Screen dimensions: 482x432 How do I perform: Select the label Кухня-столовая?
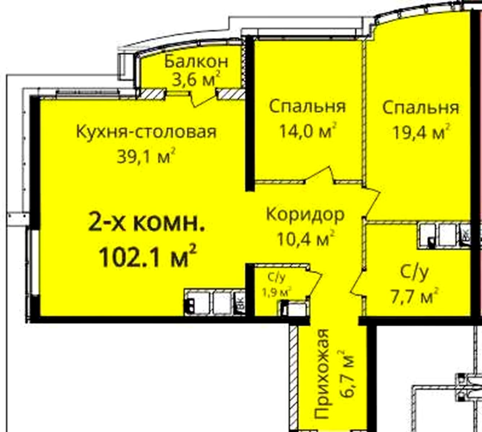(x=146, y=132)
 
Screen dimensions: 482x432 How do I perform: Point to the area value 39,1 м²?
(x=146, y=156)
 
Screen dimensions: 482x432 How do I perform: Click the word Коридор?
(x=305, y=215)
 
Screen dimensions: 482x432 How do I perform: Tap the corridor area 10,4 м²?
(x=306, y=238)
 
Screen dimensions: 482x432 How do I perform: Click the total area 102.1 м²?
(x=148, y=257)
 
